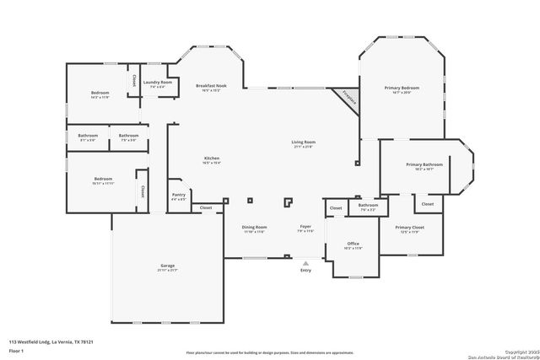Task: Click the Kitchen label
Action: (212, 159)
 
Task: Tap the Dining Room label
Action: (255, 227)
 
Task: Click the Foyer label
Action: (305, 227)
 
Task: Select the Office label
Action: (353, 244)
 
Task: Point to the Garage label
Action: (168, 266)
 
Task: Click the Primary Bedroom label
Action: (402, 88)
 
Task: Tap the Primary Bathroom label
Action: (424, 164)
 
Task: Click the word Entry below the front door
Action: (305, 270)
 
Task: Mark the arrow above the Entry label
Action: (305, 262)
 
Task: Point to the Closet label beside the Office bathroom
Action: (336, 207)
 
